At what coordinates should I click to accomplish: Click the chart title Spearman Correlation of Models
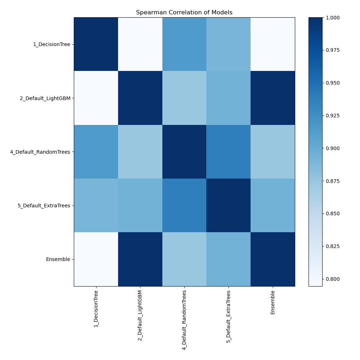click(x=184, y=13)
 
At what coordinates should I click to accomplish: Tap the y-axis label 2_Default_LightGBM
click(x=45, y=98)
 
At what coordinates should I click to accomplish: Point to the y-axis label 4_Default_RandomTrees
click(x=40, y=152)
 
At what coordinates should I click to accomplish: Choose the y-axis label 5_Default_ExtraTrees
click(x=44, y=206)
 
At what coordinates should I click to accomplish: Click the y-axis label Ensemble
click(x=58, y=259)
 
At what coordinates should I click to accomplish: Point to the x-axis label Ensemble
click(x=273, y=302)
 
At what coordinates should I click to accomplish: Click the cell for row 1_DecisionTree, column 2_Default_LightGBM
click(x=140, y=44)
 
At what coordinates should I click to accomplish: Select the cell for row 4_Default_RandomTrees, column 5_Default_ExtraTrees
click(x=229, y=152)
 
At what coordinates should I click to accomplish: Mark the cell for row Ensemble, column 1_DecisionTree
click(x=96, y=259)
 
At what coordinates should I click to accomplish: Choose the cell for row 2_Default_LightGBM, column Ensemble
click(x=273, y=98)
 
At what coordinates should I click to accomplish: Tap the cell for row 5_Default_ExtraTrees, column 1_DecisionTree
click(x=96, y=206)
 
